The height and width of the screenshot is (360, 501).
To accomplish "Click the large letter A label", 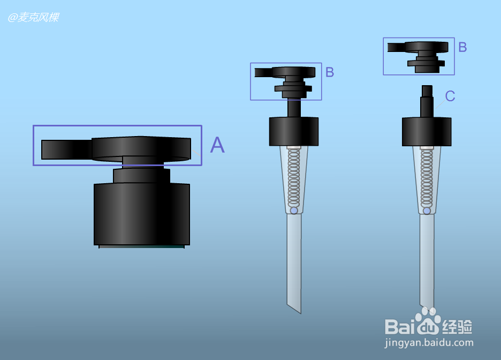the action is [217, 145].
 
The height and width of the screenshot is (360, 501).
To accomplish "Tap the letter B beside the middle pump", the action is [330, 72].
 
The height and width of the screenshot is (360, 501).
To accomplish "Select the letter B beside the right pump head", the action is [462, 47].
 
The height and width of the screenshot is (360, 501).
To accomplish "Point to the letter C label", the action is [450, 96].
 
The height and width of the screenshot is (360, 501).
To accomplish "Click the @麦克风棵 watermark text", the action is [33, 17].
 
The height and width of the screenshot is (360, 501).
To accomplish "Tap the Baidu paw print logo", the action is [428, 320].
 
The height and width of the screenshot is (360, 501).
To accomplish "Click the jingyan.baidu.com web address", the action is [429, 343].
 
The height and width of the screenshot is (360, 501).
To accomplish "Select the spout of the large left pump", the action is [67, 149].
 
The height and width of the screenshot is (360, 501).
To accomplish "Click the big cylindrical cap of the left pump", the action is [142, 214].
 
